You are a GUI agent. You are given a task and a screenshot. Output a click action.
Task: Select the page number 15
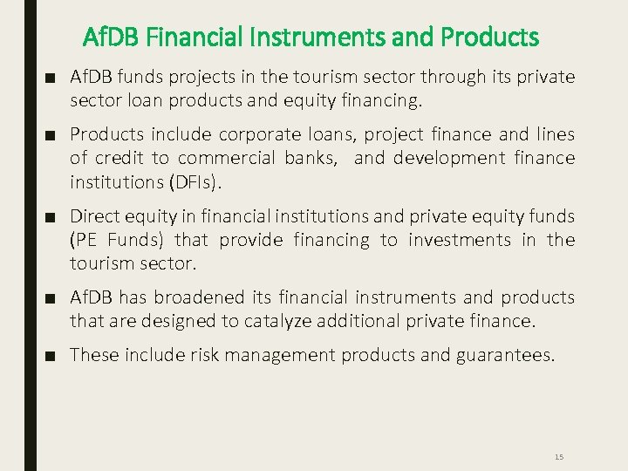[x=559, y=457]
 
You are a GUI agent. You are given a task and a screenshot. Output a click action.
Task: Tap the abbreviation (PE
[x=84, y=239]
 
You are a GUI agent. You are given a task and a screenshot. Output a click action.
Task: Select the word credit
[x=120, y=158]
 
